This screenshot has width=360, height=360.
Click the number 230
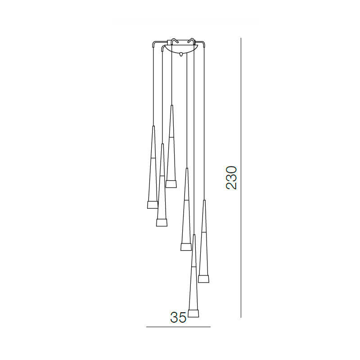pos(231,178)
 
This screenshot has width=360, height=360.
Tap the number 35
pos(178,318)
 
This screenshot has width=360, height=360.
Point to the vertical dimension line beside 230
pos(241,178)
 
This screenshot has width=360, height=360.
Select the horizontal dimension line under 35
pos(178,327)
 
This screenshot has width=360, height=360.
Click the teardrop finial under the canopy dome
pos(181,54)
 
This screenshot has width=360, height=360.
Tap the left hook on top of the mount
pos(174,40)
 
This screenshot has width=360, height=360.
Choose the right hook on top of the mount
pos(191,40)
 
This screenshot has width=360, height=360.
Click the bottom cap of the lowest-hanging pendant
pos(193,313)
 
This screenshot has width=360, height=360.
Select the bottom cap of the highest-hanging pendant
pos(171,184)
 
